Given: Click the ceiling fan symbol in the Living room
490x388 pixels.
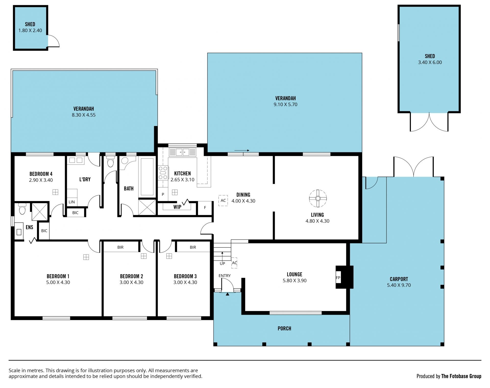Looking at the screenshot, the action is pyautogui.click(x=318, y=198).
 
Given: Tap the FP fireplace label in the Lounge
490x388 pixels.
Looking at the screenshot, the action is pyautogui.click(x=338, y=278).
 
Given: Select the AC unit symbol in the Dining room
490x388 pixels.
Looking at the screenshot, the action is pyautogui.click(x=223, y=201).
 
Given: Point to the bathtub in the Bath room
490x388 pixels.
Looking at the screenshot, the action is pyautogui.click(x=147, y=177).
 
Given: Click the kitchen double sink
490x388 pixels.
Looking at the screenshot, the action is pyautogui.click(x=182, y=152).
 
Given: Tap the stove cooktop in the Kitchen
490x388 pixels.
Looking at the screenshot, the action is pyautogui.click(x=163, y=173).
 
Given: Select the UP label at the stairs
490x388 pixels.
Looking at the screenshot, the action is pyautogui.click(x=222, y=264).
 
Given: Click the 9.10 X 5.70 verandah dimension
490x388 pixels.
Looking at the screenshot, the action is pyautogui.click(x=285, y=104).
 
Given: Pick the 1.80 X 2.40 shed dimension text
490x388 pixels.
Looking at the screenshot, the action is pyautogui.click(x=30, y=30).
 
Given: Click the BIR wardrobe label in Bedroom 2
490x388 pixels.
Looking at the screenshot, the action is pyautogui.click(x=120, y=247).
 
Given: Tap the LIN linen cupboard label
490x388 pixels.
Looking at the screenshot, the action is pyautogui.click(x=72, y=202).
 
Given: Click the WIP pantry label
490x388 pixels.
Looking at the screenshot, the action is pyautogui.click(x=177, y=207).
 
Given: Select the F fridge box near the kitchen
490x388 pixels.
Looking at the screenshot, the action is pyautogui.click(x=205, y=208).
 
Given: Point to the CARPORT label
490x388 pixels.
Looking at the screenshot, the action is pyautogui.click(x=399, y=279).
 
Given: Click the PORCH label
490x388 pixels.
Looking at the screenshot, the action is pyautogui.click(x=284, y=329).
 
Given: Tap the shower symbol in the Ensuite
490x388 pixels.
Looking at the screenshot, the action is pyautogui.click(x=40, y=212).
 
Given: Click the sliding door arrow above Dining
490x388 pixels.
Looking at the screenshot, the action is pyautogui.click(x=242, y=151).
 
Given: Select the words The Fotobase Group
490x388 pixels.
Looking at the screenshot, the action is pyautogui.click(x=461, y=376).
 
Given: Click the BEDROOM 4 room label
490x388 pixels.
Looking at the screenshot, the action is pyautogui.click(x=41, y=174).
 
